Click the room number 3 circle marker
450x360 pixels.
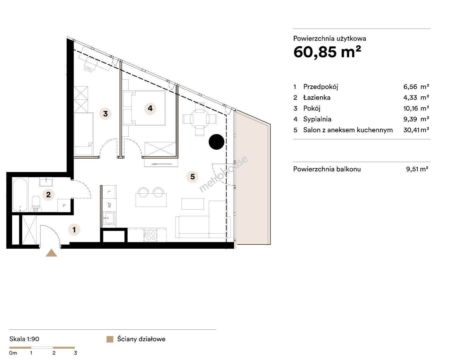point(105,114)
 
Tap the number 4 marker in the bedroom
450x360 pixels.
point(150,108)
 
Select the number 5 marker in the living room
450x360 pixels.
point(193,177)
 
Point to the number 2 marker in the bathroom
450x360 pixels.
point(49,195)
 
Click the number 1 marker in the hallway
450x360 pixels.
point(74,230)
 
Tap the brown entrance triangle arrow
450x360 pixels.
point(51,253)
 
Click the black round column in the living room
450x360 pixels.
point(217,142)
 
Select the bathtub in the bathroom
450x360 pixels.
point(20,194)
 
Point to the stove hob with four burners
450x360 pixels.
point(151,235)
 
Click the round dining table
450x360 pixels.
point(200,119)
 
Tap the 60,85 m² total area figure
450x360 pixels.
point(327,52)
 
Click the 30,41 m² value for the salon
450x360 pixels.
point(416,130)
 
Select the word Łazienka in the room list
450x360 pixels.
point(317,98)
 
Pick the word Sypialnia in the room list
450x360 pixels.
point(317,119)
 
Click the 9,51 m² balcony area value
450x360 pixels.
point(417,169)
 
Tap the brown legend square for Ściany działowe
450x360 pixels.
point(110,339)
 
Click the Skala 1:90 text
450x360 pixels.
point(24,339)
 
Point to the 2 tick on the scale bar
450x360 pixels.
point(54,353)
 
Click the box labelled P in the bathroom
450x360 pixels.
point(64,205)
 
